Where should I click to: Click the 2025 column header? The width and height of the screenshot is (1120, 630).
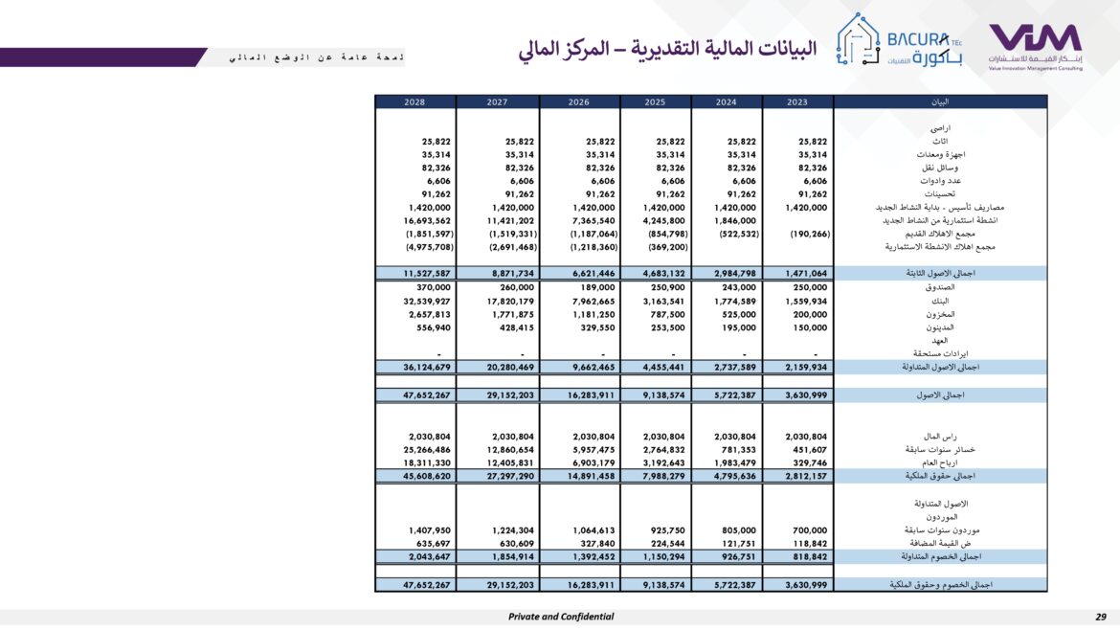point(655,101)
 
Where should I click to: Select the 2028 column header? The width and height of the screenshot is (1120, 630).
point(414,101)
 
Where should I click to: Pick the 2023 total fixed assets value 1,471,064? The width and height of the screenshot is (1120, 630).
point(805,274)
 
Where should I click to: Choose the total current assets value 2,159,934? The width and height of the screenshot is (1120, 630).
point(805,367)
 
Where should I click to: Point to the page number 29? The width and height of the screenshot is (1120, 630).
point(1100,617)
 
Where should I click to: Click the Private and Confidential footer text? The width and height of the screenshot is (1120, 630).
point(561,617)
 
